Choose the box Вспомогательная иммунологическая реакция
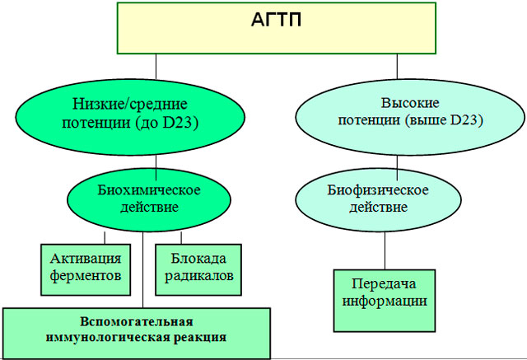point(136,328)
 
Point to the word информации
point(384,300)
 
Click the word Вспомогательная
point(136,320)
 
